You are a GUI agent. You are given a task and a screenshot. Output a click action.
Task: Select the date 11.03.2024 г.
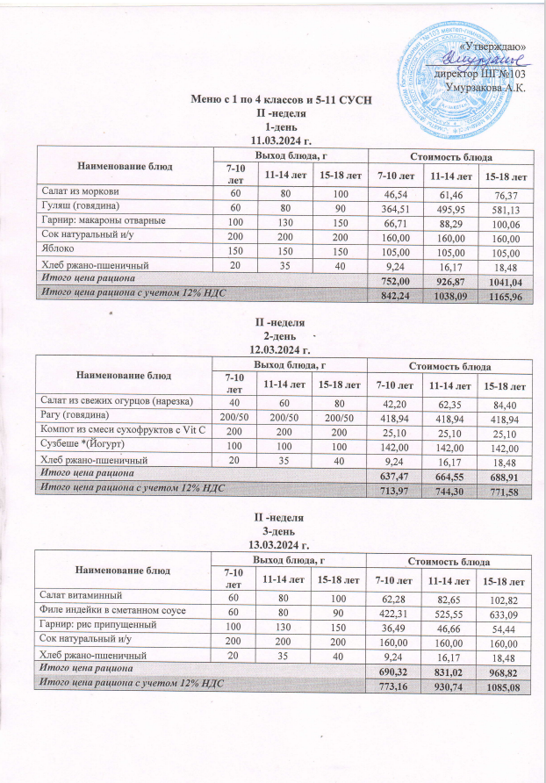pyautogui.click(x=281, y=139)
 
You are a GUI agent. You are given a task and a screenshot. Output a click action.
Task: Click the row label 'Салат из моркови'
pyautogui.click(x=75, y=190)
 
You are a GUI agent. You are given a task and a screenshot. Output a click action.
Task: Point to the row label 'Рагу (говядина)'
pyautogui.click(x=72, y=414)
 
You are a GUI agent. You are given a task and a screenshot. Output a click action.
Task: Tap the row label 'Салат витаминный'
pyautogui.click(x=77, y=597)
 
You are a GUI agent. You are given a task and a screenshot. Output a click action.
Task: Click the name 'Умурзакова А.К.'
pyautogui.click(x=486, y=88)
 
